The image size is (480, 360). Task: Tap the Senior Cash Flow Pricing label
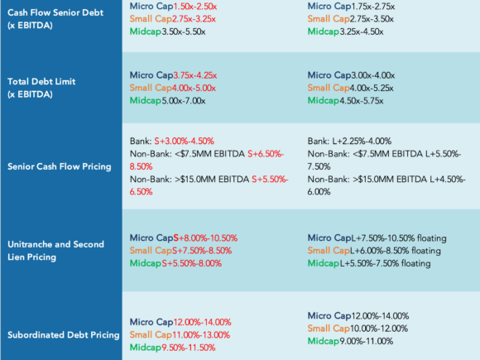pos(60,166)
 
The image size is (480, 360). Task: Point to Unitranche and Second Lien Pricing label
pos(55,251)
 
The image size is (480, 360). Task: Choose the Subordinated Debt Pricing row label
pos(64,335)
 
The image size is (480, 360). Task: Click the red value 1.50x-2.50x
pos(195,7)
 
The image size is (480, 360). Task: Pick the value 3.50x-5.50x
pos(184,31)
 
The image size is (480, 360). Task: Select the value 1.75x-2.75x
pos(373,7)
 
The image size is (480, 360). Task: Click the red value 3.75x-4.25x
pos(195,75)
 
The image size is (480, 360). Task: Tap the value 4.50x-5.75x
pos(361,101)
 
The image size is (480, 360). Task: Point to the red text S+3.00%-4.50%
pos(184,142)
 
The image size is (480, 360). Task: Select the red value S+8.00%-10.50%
pos(205,238)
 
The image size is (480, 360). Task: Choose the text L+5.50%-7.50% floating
pos(385,263)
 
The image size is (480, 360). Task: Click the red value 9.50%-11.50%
pos(188,348)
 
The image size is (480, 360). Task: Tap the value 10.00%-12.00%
pos(379,329)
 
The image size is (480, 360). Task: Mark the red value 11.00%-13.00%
pos(201,335)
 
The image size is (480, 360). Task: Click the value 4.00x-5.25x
pos(372,89)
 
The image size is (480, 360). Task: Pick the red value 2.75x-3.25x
pos(194,19)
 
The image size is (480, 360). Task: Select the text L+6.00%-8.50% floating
pos(396,251)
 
